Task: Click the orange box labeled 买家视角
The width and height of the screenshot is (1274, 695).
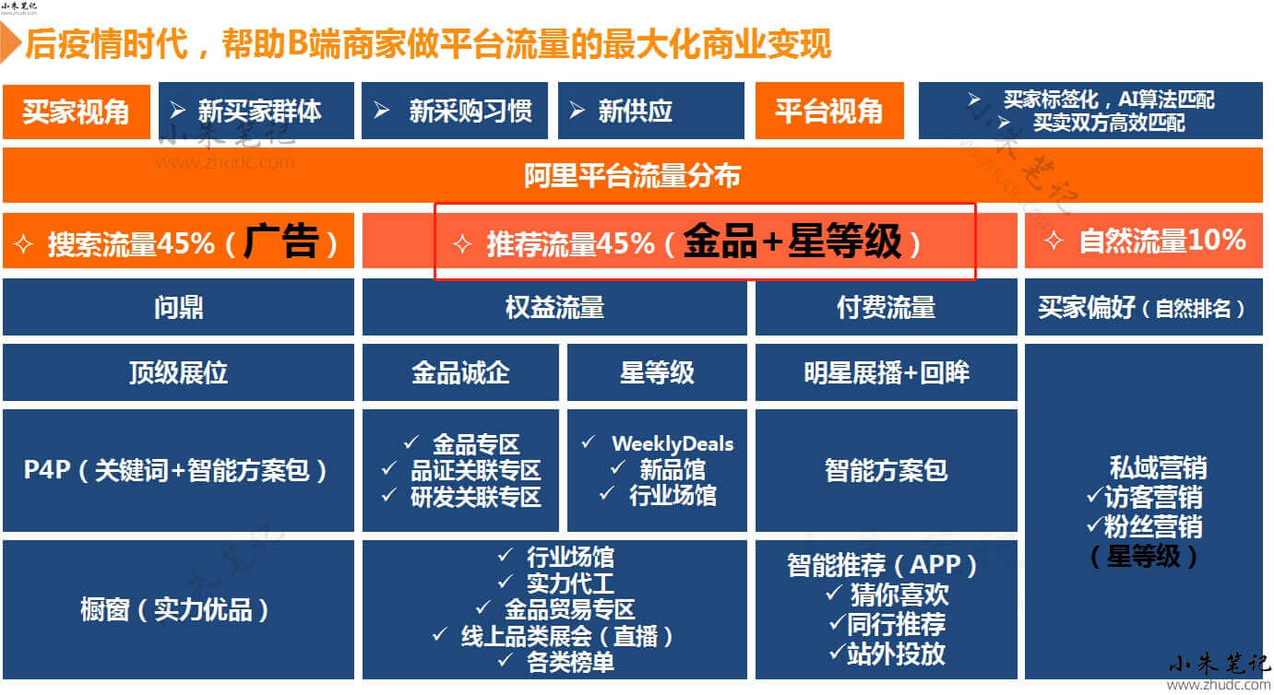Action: [77, 111]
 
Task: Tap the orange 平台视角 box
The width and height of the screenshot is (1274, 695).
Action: [829, 111]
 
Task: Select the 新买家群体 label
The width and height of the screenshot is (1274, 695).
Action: [259, 111]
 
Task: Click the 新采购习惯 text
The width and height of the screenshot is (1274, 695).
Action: [470, 111]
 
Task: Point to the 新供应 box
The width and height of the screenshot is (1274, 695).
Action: [651, 111]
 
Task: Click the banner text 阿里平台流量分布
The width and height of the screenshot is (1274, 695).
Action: [632, 175]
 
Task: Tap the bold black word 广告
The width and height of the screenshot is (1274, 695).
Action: [281, 241]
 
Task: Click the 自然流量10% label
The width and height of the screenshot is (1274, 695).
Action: [1162, 241]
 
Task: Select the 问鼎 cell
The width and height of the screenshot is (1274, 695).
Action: [179, 308]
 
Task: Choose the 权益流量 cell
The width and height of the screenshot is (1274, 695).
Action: [554, 308]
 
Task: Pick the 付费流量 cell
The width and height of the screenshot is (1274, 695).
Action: [887, 308]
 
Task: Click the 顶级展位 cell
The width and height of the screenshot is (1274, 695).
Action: [179, 372]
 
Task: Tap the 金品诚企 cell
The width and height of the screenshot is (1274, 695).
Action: [460, 372]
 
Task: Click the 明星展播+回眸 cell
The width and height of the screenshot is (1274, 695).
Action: [887, 372]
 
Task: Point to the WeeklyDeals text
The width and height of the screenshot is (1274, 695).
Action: [673, 443]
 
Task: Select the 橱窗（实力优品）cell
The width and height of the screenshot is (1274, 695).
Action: [179, 610]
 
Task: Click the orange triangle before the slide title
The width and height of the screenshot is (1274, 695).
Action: [9, 43]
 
